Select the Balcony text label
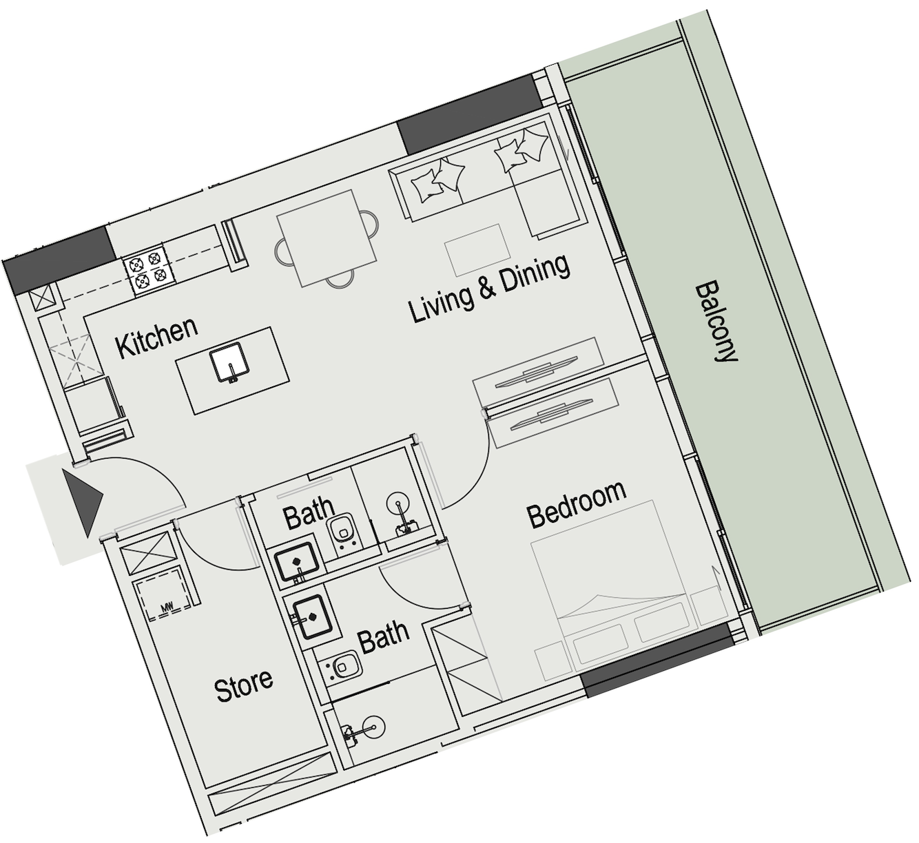(x=715, y=323)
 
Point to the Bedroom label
(x=577, y=503)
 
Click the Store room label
(x=244, y=685)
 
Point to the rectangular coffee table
(x=477, y=249)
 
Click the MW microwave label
(x=165, y=608)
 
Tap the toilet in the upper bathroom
(x=342, y=534)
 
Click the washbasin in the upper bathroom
(x=297, y=562)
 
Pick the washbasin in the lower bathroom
(x=314, y=617)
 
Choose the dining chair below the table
(x=340, y=279)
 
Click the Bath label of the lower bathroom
(x=384, y=637)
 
